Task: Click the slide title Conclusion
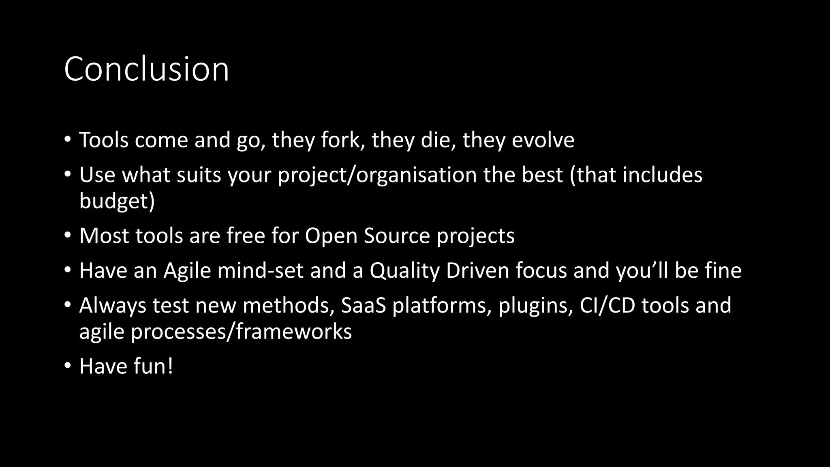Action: pyautogui.click(x=146, y=69)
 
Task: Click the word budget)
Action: pyautogui.click(x=117, y=201)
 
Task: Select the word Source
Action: pyautogui.click(x=396, y=236)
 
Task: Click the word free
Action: pyautogui.click(x=246, y=236)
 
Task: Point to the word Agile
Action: pyautogui.click(x=187, y=271)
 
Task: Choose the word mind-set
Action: pyautogui.click(x=260, y=271)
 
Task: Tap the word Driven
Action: pyautogui.click(x=477, y=271)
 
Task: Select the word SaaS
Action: pyautogui.click(x=363, y=306)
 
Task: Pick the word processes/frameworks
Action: pyautogui.click(x=241, y=332)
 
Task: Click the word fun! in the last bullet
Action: pyautogui.click(x=153, y=366)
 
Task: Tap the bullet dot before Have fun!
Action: pyautogui.click(x=67, y=366)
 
